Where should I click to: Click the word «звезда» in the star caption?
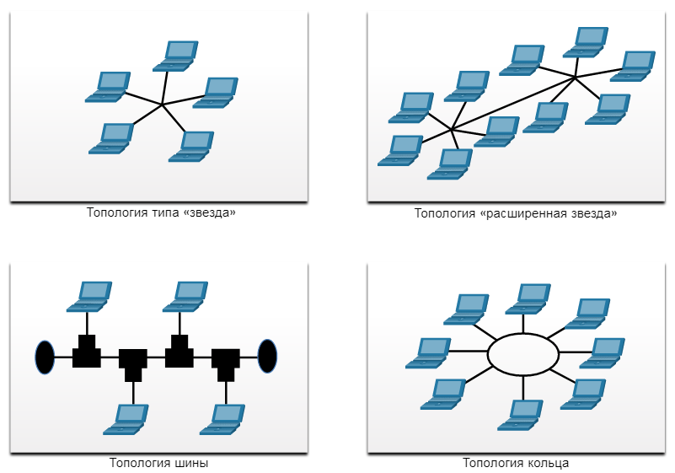click(212, 212)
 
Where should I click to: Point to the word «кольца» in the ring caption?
click(547, 463)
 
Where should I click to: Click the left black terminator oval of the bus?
click(45, 357)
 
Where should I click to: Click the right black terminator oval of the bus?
click(267, 357)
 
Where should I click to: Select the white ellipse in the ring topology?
click(523, 354)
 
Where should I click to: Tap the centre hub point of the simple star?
click(162, 105)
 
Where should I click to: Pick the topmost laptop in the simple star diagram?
click(175, 56)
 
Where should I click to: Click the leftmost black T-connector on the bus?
click(87, 351)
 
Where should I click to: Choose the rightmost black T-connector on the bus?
click(226, 365)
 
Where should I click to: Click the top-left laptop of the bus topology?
click(89, 297)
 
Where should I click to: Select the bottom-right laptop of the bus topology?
click(222, 420)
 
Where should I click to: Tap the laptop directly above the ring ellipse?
click(528, 299)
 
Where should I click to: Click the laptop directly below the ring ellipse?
click(520, 416)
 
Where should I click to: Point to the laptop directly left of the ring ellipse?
click(428, 353)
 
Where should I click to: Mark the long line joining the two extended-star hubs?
click(513, 104)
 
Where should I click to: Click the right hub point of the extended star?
click(575, 78)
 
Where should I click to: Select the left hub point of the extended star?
click(451, 129)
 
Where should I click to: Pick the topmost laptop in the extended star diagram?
click(586, 42)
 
